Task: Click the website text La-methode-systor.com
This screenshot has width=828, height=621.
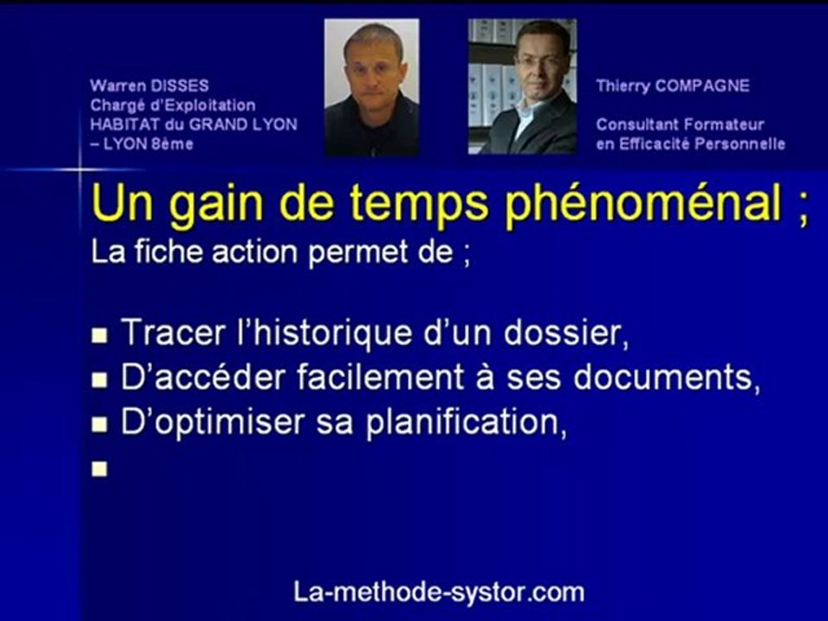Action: click(439, 592)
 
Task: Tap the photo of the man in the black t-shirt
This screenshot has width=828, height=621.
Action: click(372, 87)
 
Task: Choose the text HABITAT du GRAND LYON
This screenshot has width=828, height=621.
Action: click(193, 124)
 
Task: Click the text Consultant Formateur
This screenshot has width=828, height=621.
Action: click(680, 124)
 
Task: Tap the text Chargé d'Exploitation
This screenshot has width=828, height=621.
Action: click(172, 105)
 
